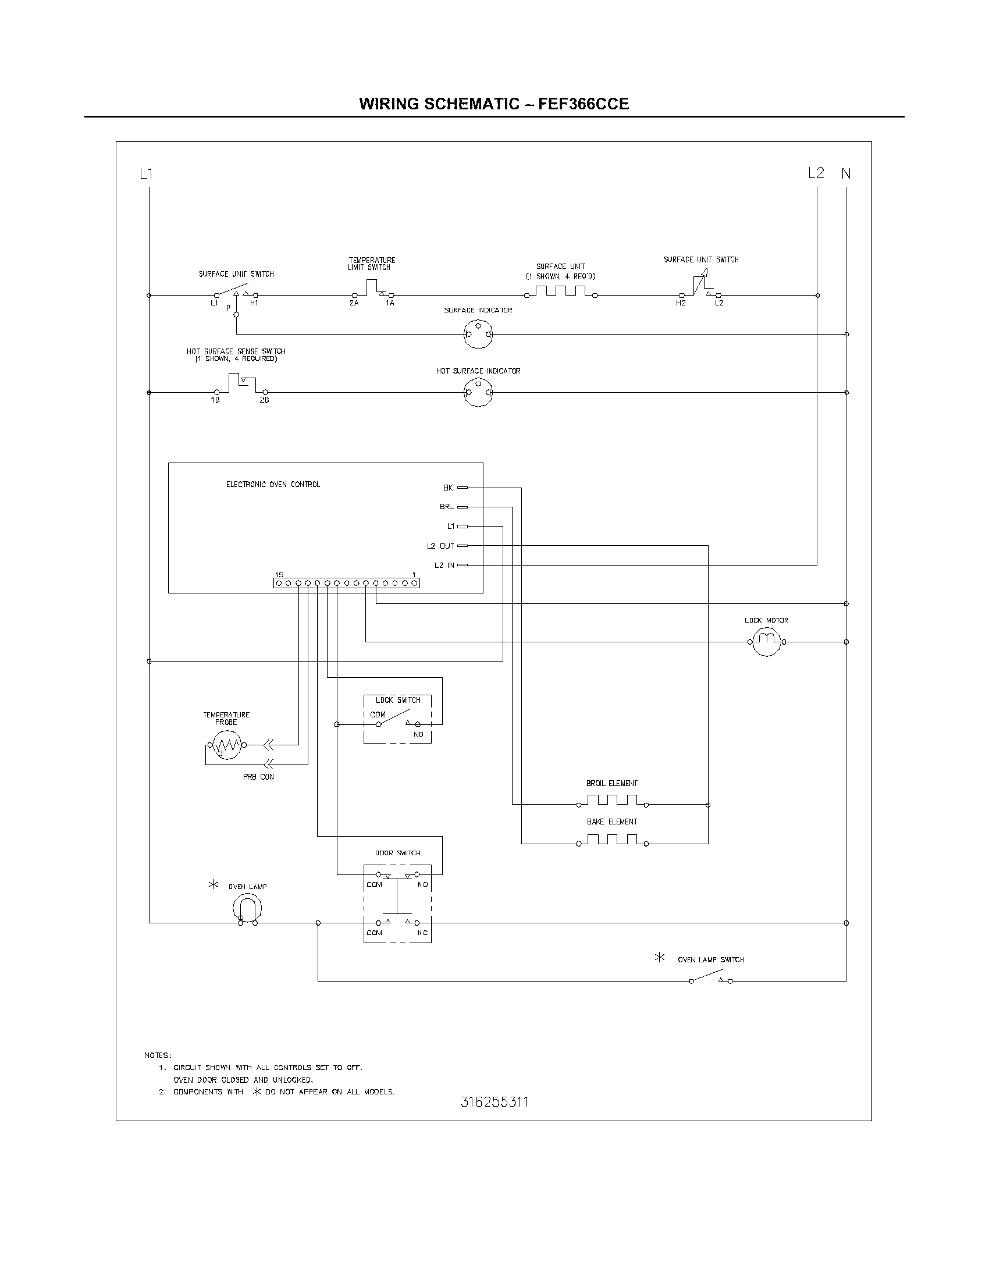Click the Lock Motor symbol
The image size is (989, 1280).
tap(767, 641)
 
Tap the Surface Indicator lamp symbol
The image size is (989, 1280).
tap(478, 334)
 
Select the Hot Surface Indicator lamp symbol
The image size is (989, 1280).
tap(478, 392)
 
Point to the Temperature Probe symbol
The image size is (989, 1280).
tap(226, 745)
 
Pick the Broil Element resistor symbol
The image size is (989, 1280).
tap(611, 801)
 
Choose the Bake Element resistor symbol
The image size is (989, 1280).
tap(611, 840)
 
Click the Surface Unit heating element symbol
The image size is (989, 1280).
tap(561, 292)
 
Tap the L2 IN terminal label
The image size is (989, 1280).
tap(444, 566)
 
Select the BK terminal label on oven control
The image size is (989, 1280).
tap(448, 488)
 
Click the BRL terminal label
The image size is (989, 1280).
tap(446, 507)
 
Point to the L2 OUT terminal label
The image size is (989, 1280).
tap(440, 546)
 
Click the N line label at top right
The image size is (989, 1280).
tap(846, 173)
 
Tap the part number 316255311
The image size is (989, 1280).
tap(494, 1103)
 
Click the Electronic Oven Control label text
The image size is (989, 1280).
tap(273, 485)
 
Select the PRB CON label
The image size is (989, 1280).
tap(258, 777)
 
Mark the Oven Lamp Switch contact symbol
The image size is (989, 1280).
tap(711, 978)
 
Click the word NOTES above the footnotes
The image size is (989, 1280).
tap(158, 1055)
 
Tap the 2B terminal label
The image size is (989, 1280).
tap(264, 400)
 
